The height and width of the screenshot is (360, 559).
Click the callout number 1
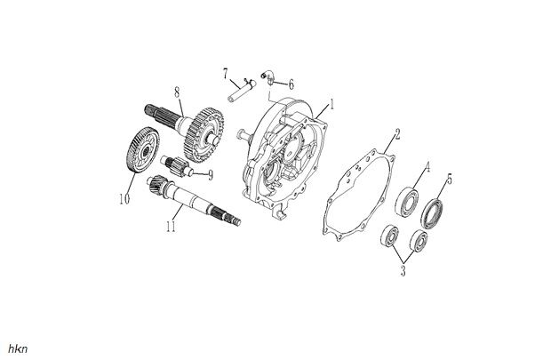(331, 104)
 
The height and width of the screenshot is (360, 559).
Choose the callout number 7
(226, 70)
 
